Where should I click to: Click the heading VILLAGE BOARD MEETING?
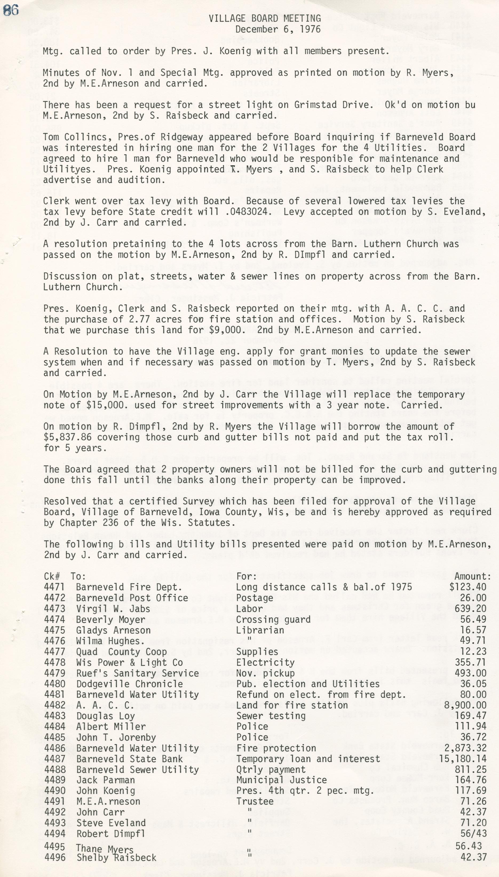[265, 18]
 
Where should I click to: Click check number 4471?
[54, 587]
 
